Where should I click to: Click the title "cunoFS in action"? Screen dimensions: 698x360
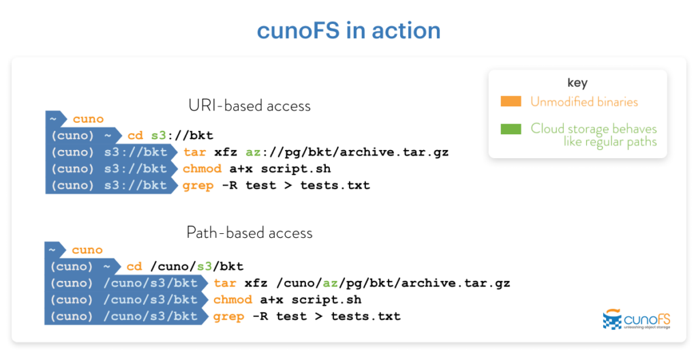point(348,31)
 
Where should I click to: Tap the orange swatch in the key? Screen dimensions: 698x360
point(511,101)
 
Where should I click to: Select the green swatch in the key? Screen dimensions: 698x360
point(511,129)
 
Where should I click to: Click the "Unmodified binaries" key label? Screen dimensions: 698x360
point(584,102)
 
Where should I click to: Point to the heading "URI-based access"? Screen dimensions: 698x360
point(249,106)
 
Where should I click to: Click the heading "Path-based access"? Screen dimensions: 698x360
point(249,232)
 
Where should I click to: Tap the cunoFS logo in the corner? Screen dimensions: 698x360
point(637,319)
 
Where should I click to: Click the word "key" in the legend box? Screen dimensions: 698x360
point(577,83)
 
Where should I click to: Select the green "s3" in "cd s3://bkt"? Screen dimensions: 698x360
point(158,136)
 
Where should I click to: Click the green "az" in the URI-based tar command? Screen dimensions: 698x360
point(254,152)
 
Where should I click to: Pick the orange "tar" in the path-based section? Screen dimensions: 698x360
point(225,284)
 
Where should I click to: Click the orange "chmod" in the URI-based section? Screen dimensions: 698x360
point(202,169)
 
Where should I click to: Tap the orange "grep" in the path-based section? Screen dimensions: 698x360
point(229,317)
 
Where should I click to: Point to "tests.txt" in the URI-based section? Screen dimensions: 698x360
point(335,185)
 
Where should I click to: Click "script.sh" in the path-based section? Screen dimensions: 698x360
point(327,300)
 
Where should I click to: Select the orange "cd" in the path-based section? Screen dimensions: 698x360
point(134,267)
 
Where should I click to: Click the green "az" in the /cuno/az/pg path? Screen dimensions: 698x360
point(331,284)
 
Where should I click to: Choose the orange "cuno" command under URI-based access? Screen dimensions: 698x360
point(88,119)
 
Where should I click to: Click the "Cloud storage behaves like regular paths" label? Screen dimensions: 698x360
point(594,135)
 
